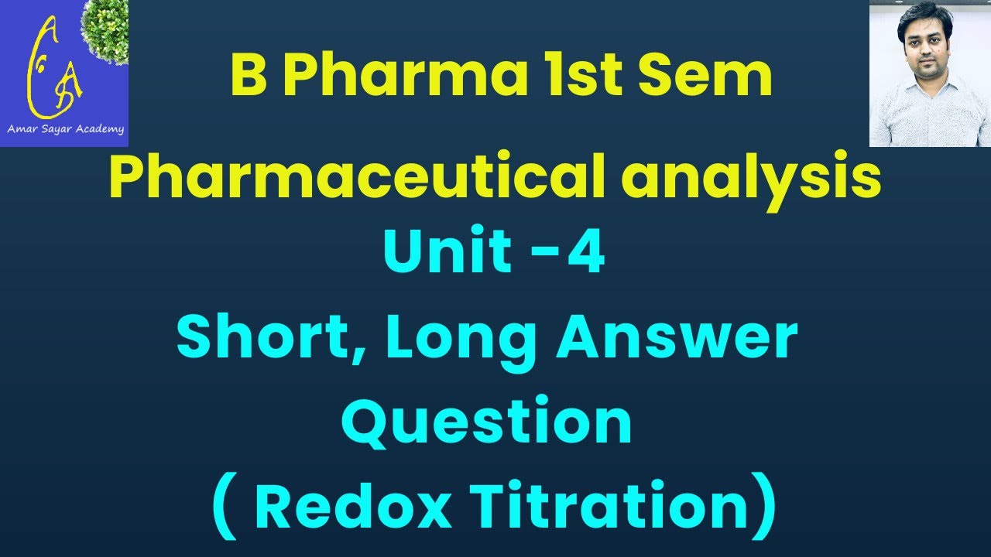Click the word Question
(488, 421)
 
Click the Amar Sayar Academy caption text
(65, 129)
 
